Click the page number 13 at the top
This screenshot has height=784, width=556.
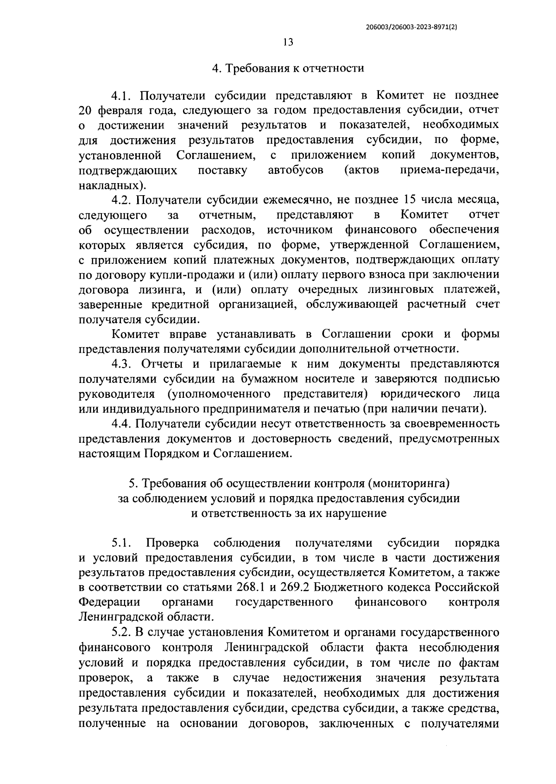(287, 42)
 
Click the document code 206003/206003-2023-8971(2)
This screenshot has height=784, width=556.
(411, 27)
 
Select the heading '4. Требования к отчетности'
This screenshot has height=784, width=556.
(288, 69)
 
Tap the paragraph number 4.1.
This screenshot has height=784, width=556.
(122, 96)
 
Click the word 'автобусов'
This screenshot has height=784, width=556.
(296, 170)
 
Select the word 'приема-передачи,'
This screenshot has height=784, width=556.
(449, 170)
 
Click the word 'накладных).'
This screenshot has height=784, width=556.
(113, 185)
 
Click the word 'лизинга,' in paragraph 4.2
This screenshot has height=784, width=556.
(164, 290)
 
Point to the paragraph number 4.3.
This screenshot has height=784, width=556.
(122, 364)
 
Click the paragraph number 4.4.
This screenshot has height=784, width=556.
(122, 423)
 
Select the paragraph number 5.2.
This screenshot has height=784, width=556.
(122, 632)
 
